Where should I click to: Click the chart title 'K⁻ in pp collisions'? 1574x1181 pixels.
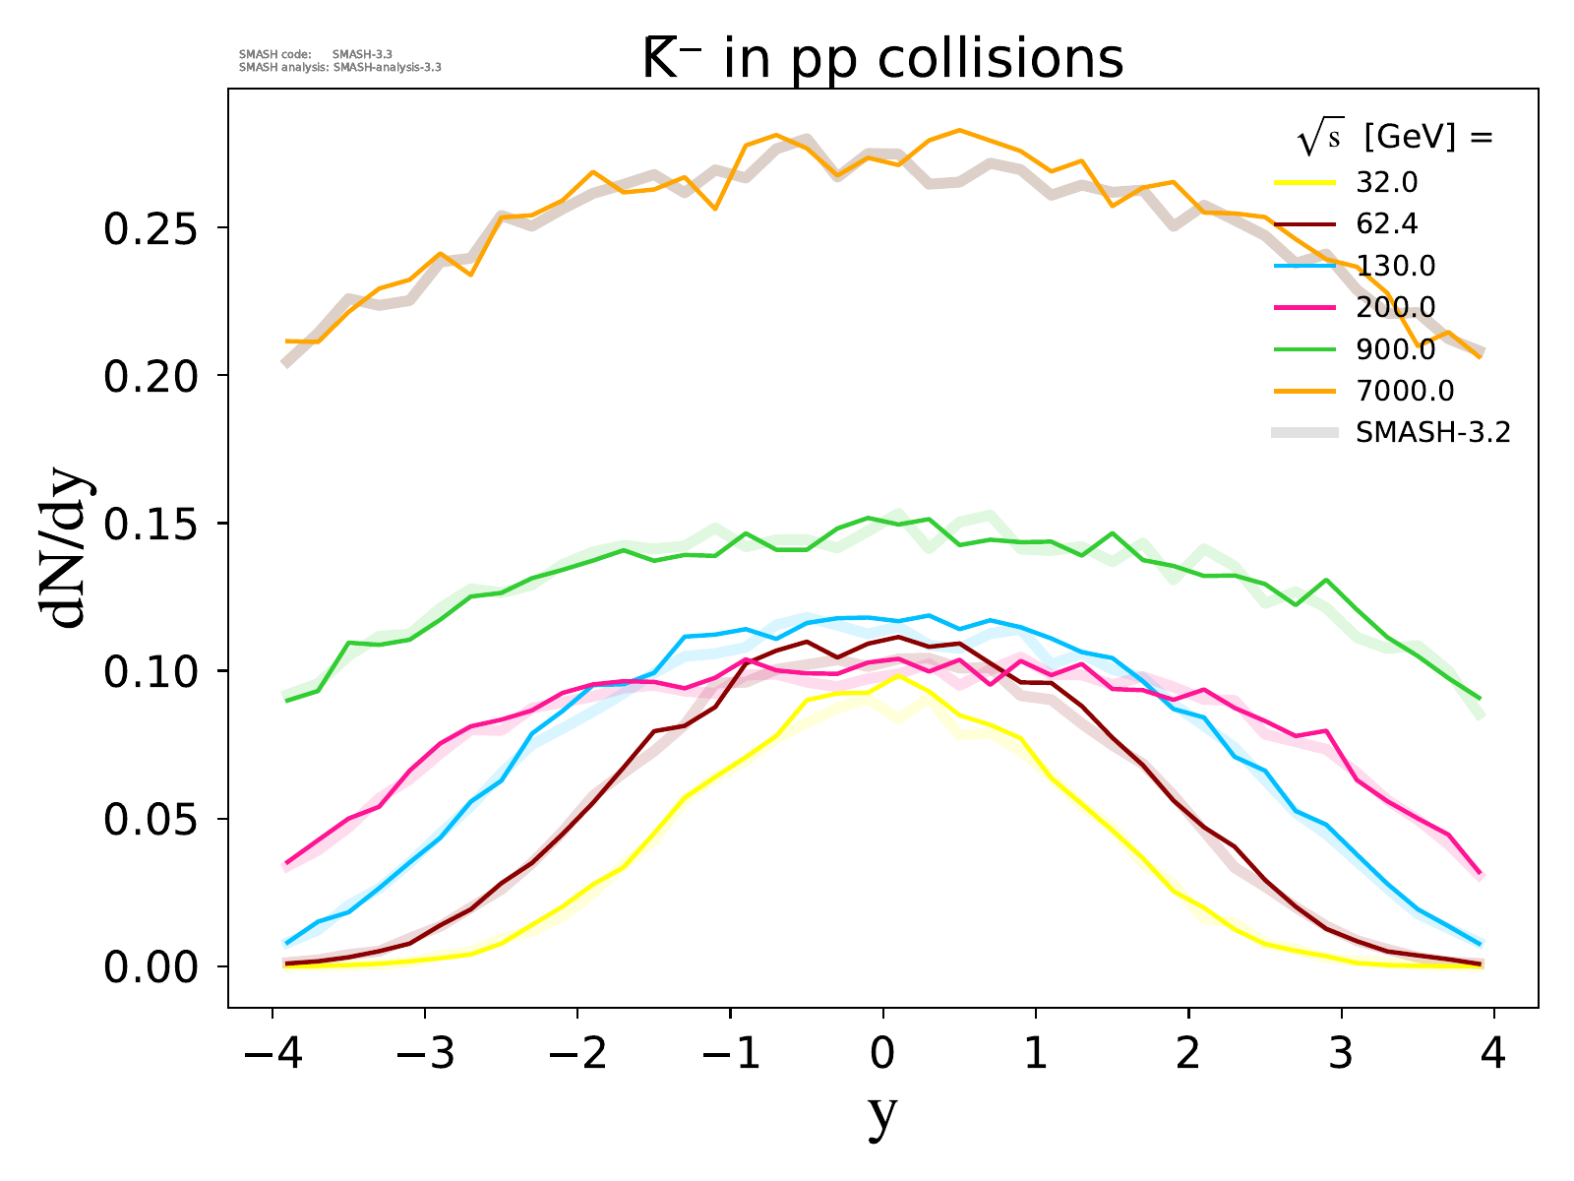[x=882, y=59]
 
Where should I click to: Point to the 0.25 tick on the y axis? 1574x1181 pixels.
[x=151, y=228]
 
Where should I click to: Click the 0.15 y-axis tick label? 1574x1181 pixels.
[x=151, y=524]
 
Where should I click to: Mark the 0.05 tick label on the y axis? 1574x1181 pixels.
[x=151, y=819]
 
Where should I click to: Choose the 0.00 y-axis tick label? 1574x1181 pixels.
[x=151, y=966]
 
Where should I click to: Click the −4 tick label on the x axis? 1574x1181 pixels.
[x=272, y=1055]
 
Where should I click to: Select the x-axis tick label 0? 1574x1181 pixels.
[x=882, y=1055]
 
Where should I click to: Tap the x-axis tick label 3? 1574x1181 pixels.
[x=1341, y=1055]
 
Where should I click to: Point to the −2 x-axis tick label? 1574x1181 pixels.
[x=577, y=1055]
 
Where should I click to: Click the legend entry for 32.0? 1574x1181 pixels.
[x=1386, y=183]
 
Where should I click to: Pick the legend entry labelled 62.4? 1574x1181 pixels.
[x=1386, y=224]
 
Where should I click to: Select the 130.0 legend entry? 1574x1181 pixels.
[x=1395, y=267]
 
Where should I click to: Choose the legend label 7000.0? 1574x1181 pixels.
[x=1404, y=392]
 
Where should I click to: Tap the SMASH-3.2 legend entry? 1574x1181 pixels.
[x=1431, y=433]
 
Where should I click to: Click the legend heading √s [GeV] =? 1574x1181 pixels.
[x=1395, y=138]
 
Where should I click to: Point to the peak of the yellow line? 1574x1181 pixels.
[x=898, y=675]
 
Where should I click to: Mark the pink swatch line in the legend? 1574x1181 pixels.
[x=1304, y=308]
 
